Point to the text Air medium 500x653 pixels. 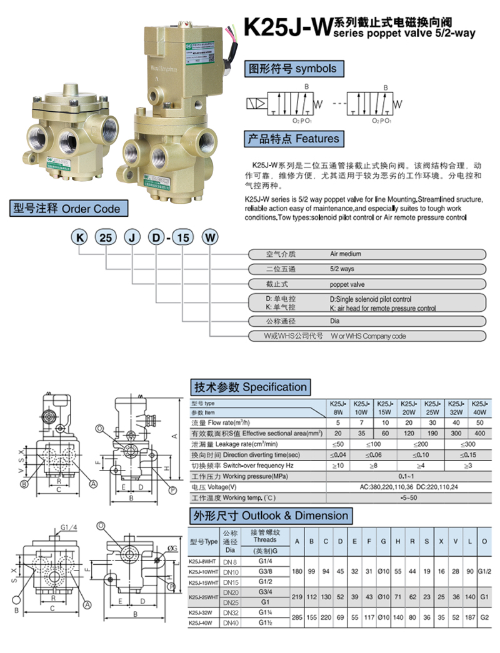click(346, 254)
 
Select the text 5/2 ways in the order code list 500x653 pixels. click(342, 269)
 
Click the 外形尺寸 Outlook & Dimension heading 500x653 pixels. click(271, 516)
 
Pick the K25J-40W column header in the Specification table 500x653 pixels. click(479, 408)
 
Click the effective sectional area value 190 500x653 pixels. click(432, 433)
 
